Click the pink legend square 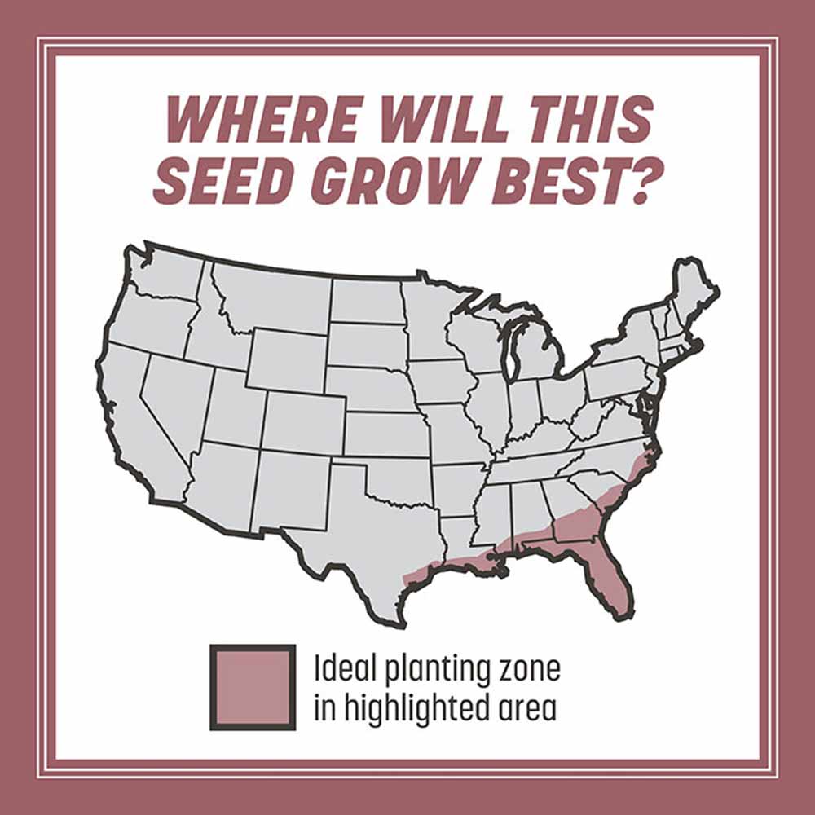click(x=253, y=686)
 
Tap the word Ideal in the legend click(x=343, y=671)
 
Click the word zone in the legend click(x=530, y=671)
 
